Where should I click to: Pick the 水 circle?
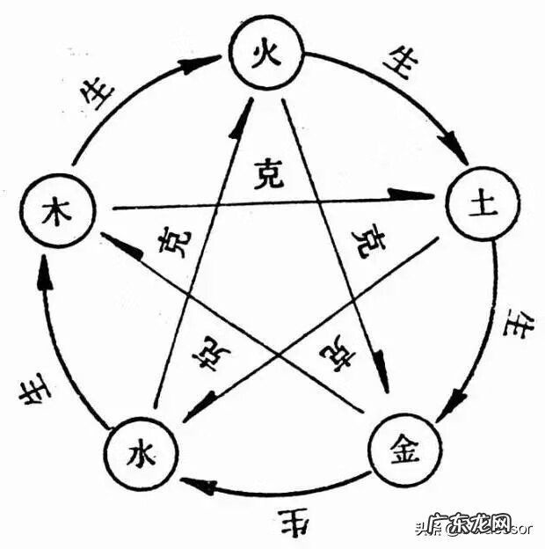(x=139, y=454)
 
